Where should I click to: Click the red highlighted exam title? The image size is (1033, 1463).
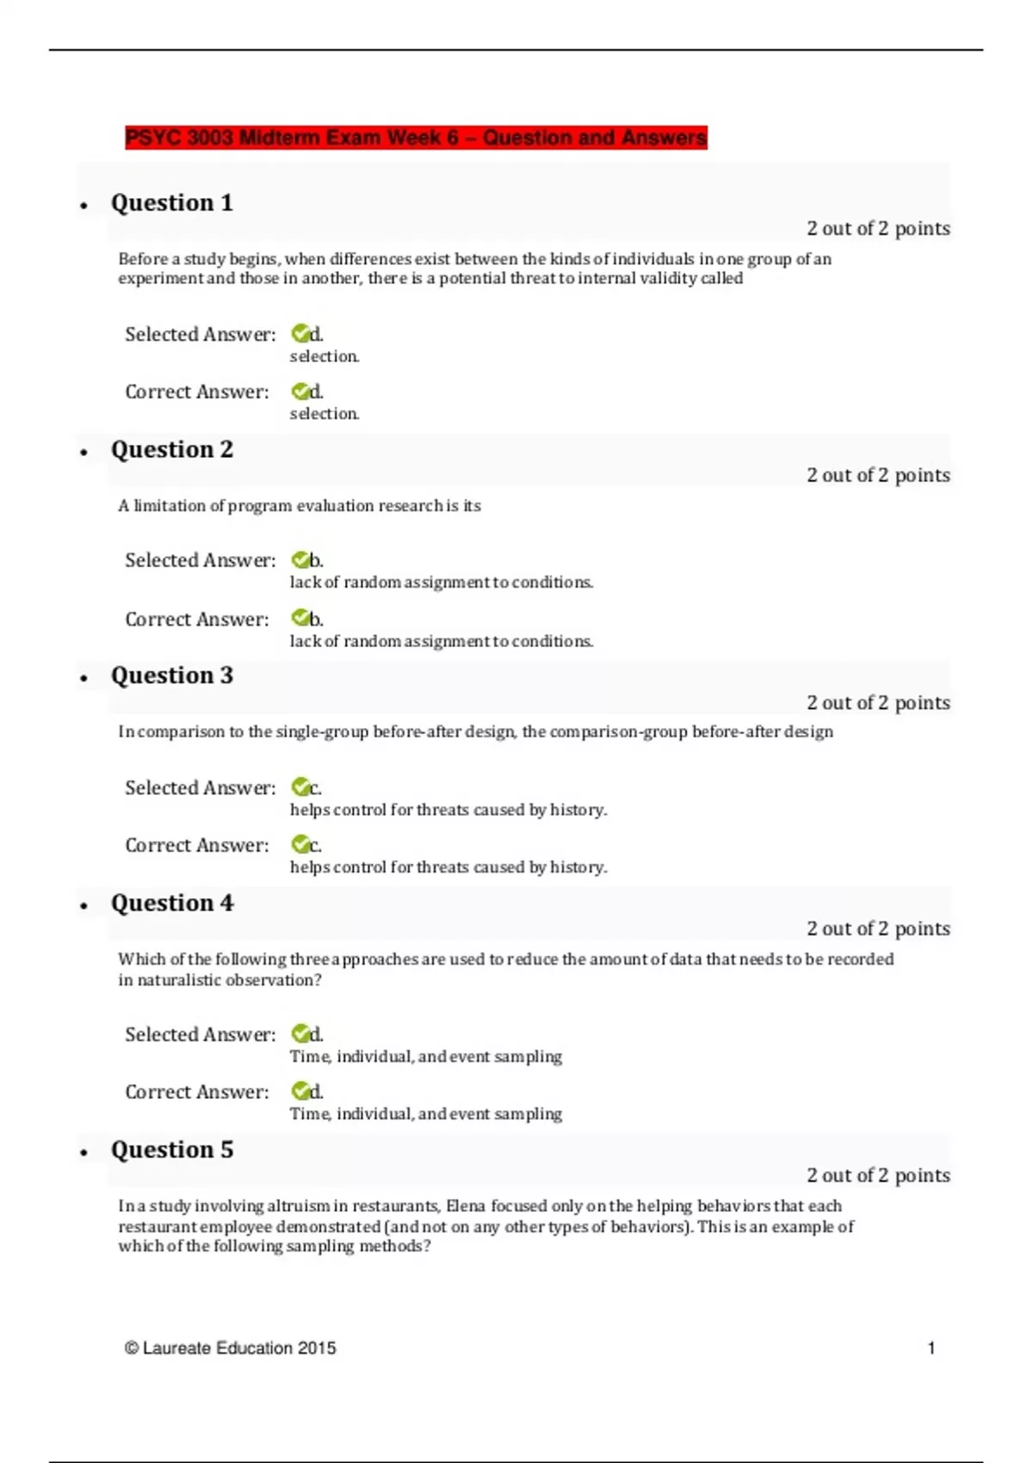tap(416, 138)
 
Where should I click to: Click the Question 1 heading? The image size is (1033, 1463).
tap(172, 203)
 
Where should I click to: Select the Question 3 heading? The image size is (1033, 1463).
tap(172, 676)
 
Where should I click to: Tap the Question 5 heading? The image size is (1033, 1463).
tap(172, 1150)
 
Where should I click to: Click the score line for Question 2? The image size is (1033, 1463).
tap(878, 475)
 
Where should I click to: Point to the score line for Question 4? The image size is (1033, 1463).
tap(878, 929)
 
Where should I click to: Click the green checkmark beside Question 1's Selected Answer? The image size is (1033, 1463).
tap(300, 333)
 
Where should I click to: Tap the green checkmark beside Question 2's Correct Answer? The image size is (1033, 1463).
tap(300, 618)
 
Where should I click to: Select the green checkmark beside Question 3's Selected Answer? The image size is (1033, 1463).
tap(300, 787)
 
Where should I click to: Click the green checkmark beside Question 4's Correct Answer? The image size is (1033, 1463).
tap(300, 1091)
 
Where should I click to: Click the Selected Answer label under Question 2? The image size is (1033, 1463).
tap(200, 560)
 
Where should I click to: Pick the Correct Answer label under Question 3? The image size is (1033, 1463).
tap(196, 845)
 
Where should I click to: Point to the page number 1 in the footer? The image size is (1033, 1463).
tap(931, 1349)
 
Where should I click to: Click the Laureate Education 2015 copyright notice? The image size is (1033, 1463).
tap(231, 1349)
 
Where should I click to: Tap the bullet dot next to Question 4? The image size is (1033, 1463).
tap(84, 905)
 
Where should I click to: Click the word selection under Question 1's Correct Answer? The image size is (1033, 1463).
tap(324, 414)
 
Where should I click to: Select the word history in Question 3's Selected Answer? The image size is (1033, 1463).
tap(578, 810)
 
